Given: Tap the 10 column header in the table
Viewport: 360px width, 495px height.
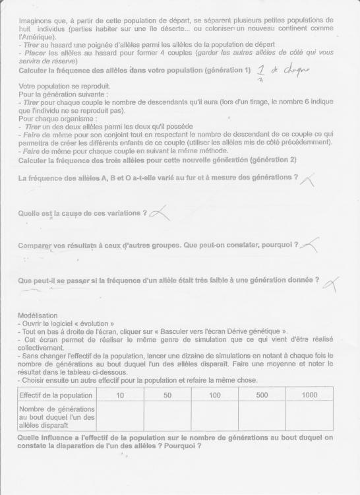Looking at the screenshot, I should [x=119, y=395].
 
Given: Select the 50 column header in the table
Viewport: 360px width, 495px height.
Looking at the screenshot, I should [x=167, y=395].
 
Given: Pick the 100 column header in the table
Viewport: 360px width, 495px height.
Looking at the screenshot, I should [x=214, y=395].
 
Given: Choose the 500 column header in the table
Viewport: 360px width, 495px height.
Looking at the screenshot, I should [x=262, y=395].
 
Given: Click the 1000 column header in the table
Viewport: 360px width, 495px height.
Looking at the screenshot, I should [x=309, y=395].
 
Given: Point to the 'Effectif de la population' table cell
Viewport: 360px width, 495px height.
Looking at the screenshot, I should [x=57, y=395].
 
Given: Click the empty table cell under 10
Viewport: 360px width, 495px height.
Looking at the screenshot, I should [x=119, y=416].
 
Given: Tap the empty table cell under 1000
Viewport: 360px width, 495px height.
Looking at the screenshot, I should [x=309, y=416].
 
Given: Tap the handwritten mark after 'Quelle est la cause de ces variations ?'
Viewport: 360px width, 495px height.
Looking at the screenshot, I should [x=160, y=213].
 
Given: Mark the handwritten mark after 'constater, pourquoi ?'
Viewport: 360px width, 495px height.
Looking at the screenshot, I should [x=310, y=245].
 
